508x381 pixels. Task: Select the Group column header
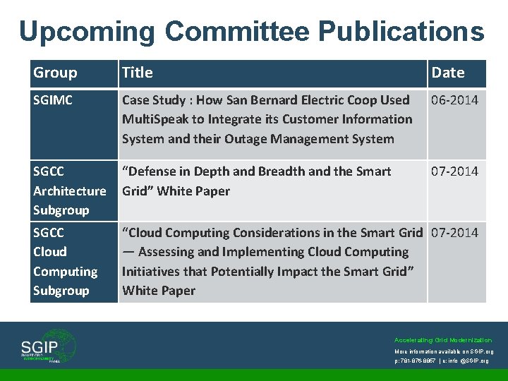pos(55,73)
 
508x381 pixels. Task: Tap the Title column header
pos(137,73)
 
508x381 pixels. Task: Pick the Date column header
pos(447,73)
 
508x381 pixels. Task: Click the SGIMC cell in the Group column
pos(53,100)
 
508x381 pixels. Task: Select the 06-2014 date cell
pos(454,100)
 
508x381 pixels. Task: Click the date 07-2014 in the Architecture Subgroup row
pos(454,171)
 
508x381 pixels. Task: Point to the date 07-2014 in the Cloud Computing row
pos(454,233)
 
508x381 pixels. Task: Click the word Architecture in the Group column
pos(69,190)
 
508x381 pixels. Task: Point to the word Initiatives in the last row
pos(152,271)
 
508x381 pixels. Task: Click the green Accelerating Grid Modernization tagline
pos(443,340)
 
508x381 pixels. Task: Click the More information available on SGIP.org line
pos(443,351)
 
